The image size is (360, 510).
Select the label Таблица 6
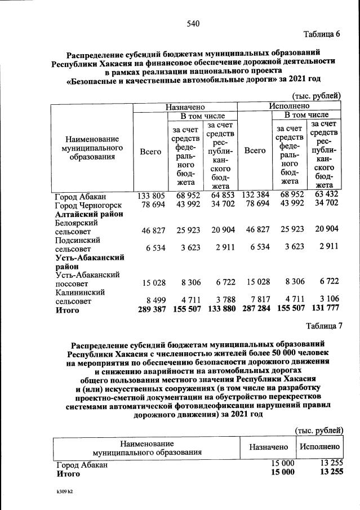click(x=323, y=34)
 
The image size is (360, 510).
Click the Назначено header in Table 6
click(x=185, y=106)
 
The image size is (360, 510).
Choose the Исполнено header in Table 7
click(x=319, y=446)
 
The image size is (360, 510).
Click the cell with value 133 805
click(x=151, y=196)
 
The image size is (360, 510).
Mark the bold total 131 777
click(x=325, y=310)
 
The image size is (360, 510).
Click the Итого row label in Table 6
click(x=67, y=310)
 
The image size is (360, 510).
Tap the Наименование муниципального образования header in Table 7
click(x=147, y=447)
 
